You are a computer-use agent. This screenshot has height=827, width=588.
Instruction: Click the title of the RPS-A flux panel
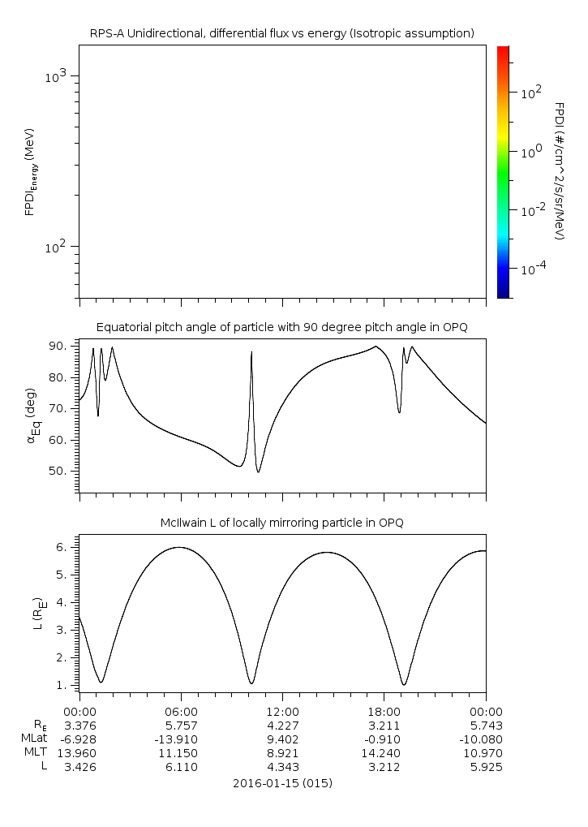[281, 33]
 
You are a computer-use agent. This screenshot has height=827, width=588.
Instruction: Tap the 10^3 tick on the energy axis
[59, 76]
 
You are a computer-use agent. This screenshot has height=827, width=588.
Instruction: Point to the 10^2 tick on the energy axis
[59, 247]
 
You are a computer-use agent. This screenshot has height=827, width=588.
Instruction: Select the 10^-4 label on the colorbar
[530, 269]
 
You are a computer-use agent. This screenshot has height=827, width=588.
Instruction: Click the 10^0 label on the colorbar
[530, 152]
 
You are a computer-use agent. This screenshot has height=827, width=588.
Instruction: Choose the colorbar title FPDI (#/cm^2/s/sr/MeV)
[560, 170]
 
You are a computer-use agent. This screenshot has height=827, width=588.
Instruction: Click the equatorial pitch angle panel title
[281, 327]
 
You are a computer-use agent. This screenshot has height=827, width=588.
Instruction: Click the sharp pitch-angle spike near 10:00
[251, 352]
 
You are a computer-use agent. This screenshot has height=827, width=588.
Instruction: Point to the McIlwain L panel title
[281, 523]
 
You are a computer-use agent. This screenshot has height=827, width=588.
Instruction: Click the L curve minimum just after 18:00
[404, 684]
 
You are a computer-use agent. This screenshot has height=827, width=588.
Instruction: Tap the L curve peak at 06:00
[180, 548]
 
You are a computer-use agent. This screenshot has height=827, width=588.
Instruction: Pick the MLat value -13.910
[181, 739]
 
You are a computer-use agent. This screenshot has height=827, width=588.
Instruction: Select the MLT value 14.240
[384, 753]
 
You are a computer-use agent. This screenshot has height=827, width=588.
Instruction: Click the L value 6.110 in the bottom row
[181, 767]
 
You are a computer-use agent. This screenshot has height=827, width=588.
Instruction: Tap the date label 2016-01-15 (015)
[281, 783]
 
